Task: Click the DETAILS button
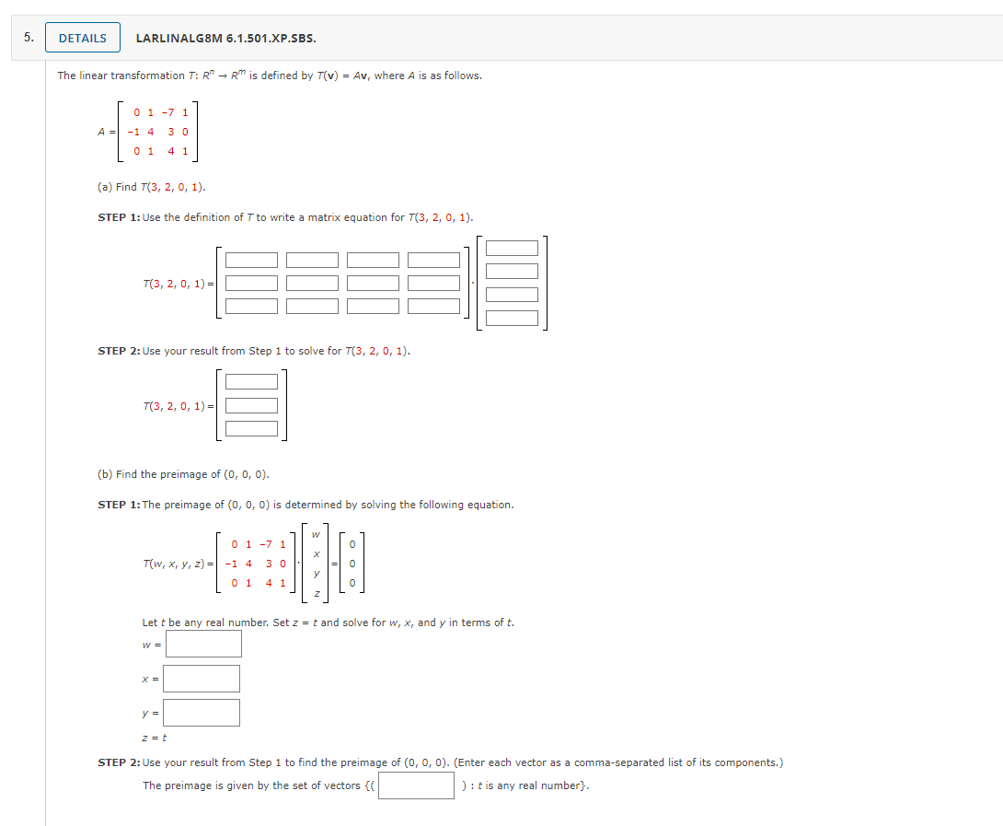(x=82, y=38)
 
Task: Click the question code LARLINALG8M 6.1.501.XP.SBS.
(x=225, y=39)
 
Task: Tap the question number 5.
(x=29, y=38)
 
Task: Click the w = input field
(x=203, y=644)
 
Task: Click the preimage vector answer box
(x=416, y=785)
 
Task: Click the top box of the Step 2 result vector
(x=251, y=381)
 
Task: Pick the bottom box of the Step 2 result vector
(x=251, y=428)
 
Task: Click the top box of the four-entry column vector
(x=512, y=248)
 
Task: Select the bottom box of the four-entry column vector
(x=512, y=318)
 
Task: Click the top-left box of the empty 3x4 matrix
(x=251, y=261)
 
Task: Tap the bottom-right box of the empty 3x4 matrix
(x=433, y=306)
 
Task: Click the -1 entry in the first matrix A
(x=133, y=132)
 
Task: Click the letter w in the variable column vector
(x=316, y=534)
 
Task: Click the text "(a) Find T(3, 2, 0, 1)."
(x=152, y=187)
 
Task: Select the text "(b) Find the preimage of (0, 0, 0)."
(x=183, y=474)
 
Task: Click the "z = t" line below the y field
(x=154, y=738)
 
